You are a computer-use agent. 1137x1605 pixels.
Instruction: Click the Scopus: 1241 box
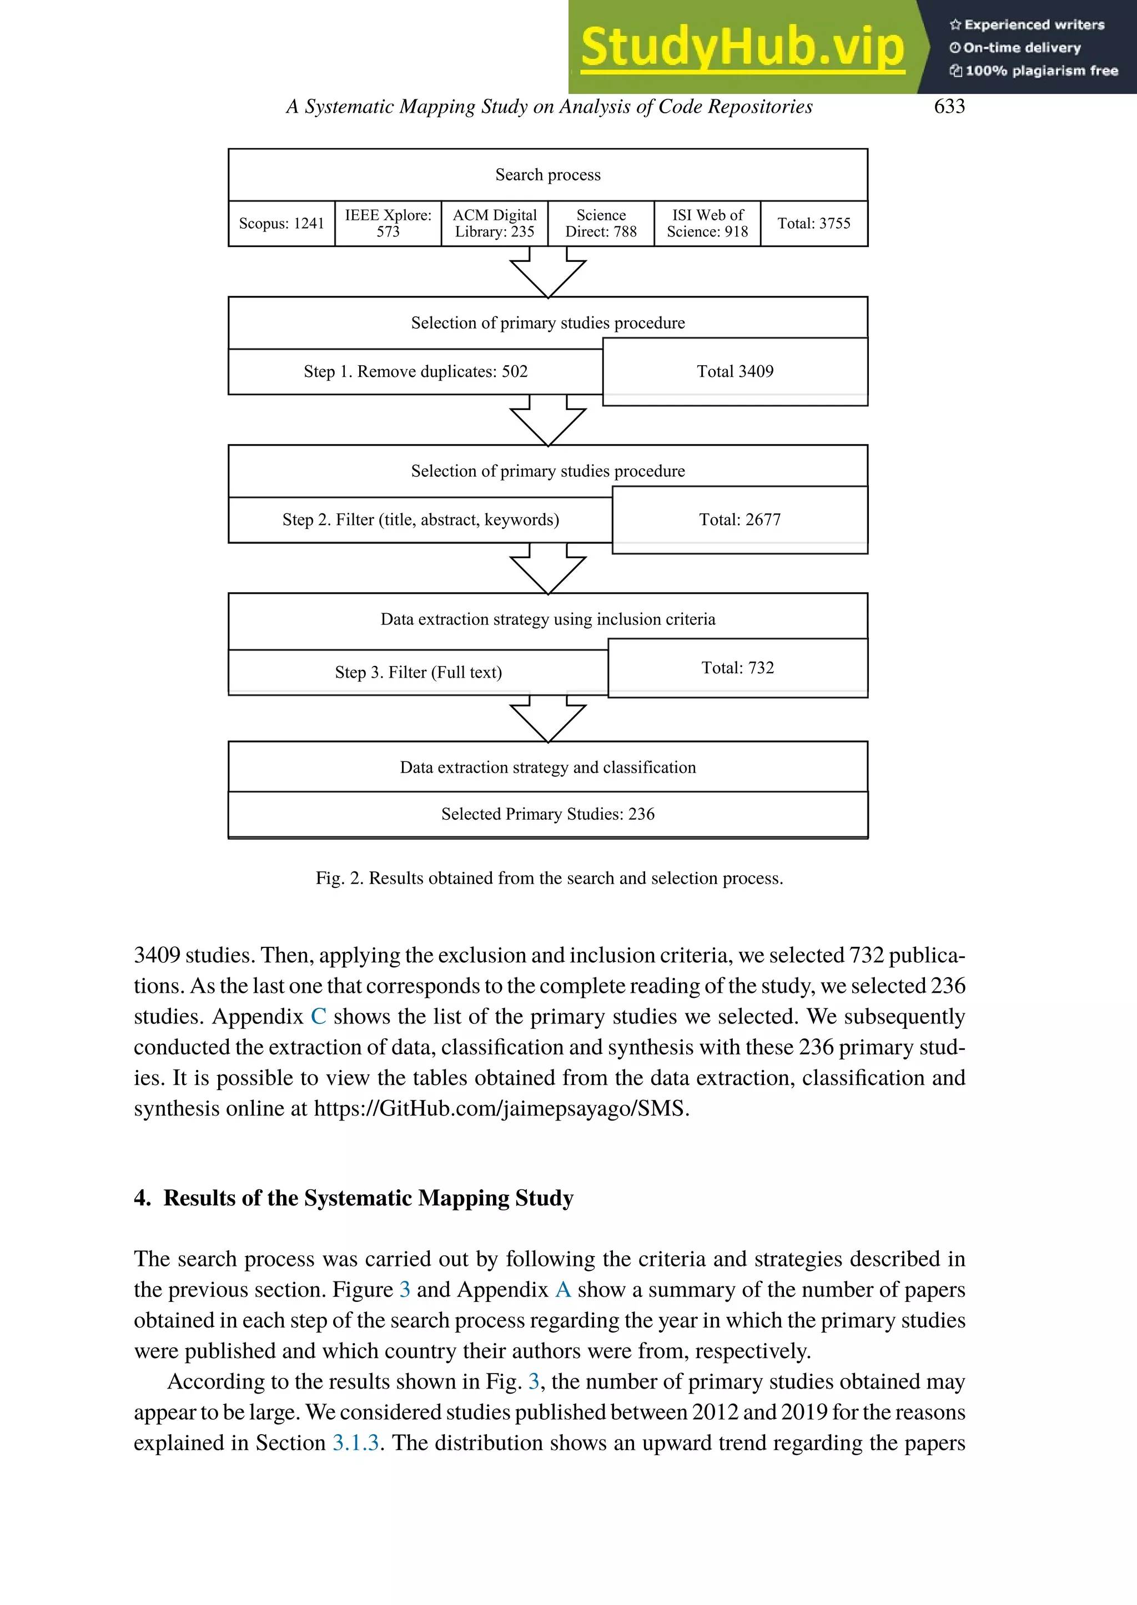pyautogui.click(x=281, y=223)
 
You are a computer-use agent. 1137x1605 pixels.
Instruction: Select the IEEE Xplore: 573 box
pyautogui.click(x=388, y=223)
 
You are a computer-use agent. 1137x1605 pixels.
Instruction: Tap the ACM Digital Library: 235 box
pyautogui.click(x=494, y=223)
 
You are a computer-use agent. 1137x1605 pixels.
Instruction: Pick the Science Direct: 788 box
pyautogui.click(x=601, y=223)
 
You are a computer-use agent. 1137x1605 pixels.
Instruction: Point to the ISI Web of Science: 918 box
pyautogui.click(x=707, y=223)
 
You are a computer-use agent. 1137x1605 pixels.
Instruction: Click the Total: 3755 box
pyautogui.click(x=813, y=223)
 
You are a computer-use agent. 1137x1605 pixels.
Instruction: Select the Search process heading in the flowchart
pyautogui.click(x=547, y=175)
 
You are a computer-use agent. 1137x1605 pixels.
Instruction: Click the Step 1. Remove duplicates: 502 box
pyautogui.click(x=415, y=372)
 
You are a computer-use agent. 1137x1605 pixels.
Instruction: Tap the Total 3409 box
pyautogui.click(x=735, y=372)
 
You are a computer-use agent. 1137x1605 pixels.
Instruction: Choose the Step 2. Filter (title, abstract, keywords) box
pyautogui.click(x=420, y=520)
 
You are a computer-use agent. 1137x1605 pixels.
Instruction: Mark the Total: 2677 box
pyautogui.click(x=739, y=520)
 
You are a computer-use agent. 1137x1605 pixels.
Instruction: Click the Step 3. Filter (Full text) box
pyautogui.click(x=418, y=673)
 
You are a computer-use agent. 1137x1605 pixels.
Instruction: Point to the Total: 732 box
pyautogui.click(x=737, y=668)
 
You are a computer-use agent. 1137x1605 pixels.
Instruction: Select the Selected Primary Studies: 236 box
pyautogui.click(x=547, y=814)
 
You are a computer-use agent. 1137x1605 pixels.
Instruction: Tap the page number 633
pyautogui.click(x=949, y=107)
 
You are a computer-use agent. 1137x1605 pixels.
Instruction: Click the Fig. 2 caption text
pyautogui.click(x=549, y=879)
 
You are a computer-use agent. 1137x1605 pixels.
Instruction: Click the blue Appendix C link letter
pyautogui.click(x=319, y=1016)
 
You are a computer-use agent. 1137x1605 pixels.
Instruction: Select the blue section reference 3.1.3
pyautogui.click(x=356, y=1442)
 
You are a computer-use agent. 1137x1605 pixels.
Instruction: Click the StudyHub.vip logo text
pyautogui.click(x=742, y=48)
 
